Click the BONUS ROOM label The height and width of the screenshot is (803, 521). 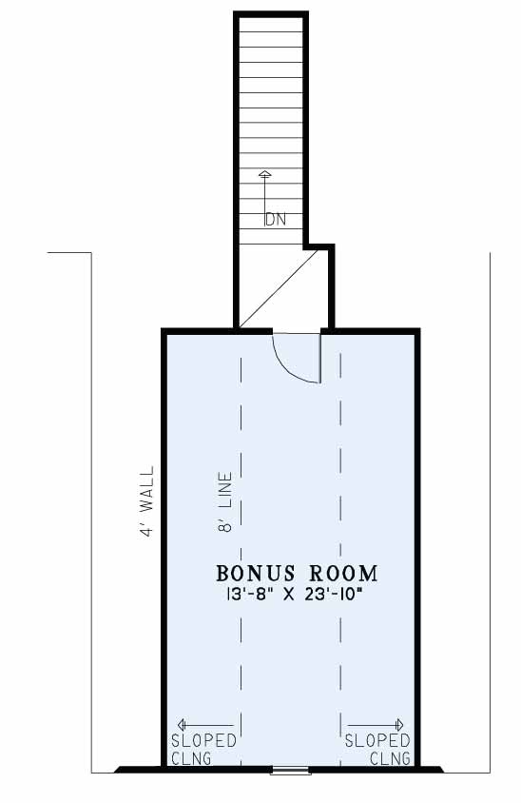[297, 574]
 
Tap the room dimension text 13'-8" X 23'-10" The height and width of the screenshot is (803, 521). [297, 597]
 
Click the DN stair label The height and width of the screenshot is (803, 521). [275, 220]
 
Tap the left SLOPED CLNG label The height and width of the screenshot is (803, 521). [203, 749]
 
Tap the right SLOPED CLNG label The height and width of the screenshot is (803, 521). [377, 749]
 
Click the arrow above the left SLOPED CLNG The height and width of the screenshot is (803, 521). [205, 725]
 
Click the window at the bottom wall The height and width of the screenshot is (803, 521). [291, 770]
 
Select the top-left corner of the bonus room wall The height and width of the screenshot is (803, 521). [165, 331]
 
